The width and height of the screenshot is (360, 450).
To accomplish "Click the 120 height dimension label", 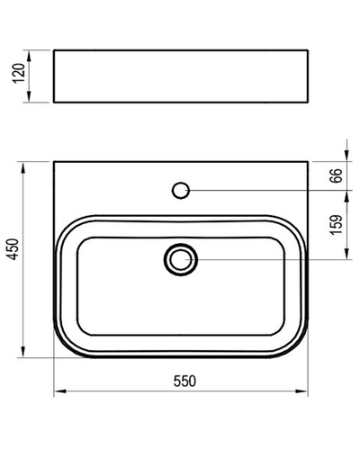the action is tap(19, 74).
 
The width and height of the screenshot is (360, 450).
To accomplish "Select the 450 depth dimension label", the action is tap(13, 249).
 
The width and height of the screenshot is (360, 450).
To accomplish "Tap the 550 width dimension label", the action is tap(184, 381).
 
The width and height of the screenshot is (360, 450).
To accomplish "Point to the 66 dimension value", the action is tap(336, 175).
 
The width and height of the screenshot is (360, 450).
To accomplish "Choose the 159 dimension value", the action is tap(336, 225).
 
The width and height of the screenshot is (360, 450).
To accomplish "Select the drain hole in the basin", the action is tap(181, 259).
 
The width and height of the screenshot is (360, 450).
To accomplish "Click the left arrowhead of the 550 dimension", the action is tap(60, 391).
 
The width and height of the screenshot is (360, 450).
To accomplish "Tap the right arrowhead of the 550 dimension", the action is tap(301, 391).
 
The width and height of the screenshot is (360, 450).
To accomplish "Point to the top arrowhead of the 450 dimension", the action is tap(22, 168).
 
